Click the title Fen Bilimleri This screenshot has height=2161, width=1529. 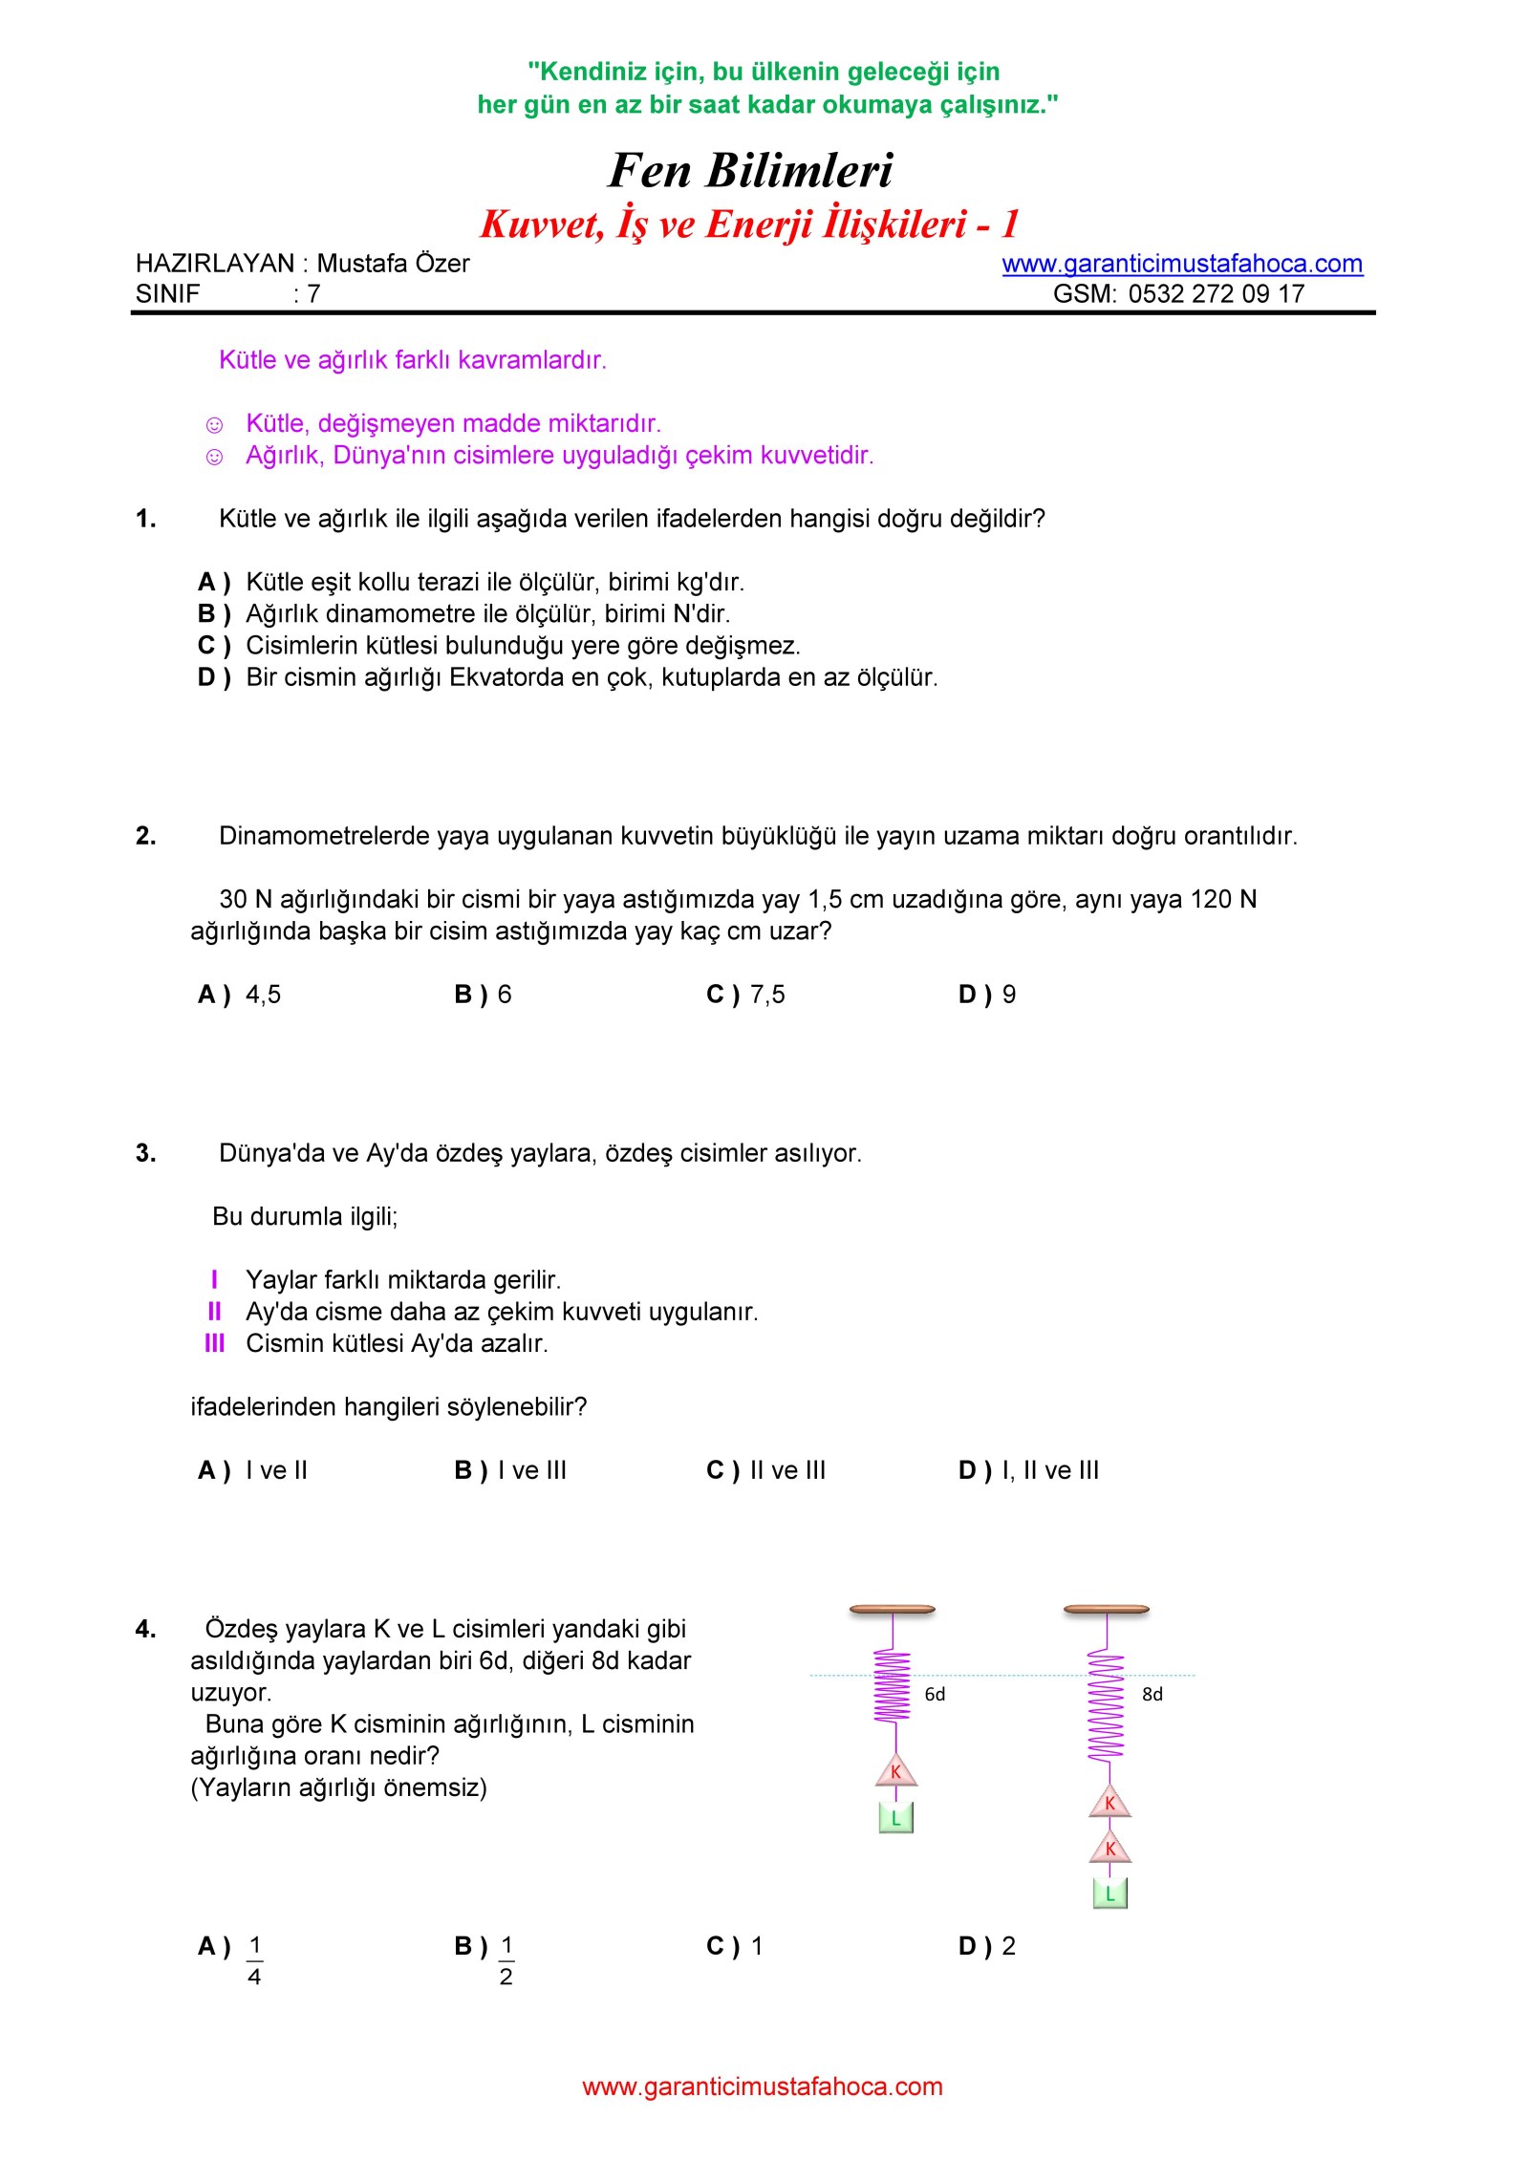(750, 171)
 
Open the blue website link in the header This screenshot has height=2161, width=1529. (1182, 264)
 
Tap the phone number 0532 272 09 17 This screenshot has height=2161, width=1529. (1216, 294)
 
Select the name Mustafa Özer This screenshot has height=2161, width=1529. (393, 264)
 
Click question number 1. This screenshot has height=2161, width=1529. (146, 519)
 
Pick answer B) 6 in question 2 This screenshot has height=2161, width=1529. (483, 995)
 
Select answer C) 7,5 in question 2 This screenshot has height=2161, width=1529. (745, 995)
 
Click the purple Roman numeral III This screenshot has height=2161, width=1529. (214, 1343)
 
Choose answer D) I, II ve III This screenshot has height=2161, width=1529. (1028, 1470)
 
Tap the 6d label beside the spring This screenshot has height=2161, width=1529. (935, 1694)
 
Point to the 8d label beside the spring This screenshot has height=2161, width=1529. (1152, 1694)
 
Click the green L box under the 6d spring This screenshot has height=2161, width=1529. (896, 1818)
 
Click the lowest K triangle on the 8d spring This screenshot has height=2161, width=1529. (1110, 1849)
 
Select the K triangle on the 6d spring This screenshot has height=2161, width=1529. (896, 1771)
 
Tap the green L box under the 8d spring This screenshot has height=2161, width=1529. (1110, 1894)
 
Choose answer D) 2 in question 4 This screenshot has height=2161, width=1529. (987, 1946)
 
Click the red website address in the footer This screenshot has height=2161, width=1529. (763, 2086)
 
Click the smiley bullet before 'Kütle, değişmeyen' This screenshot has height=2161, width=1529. (215, 425)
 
